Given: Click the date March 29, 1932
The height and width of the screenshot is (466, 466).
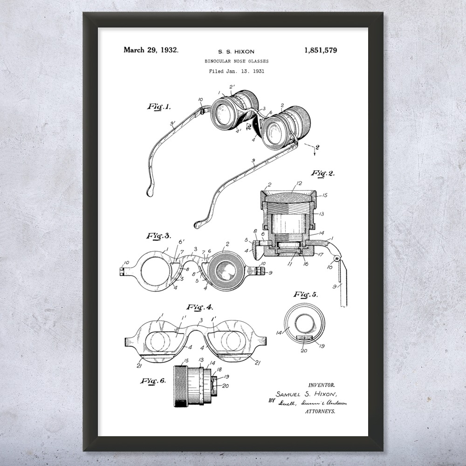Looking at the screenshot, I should [x=151, y=50].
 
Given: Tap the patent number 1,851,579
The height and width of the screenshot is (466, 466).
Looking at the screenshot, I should [x=320, y=50].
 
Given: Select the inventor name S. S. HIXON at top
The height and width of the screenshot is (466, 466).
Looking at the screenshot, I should [x=236, y=52].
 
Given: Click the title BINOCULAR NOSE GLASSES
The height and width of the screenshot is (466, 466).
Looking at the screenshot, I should [x=236, y=61].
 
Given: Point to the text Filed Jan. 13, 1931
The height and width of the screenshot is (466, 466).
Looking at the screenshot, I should [x=236, y=71].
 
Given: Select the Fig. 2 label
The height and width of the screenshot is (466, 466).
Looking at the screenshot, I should [x=323, y=173].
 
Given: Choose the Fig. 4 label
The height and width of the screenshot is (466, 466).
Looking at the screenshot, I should [x=199, y=307].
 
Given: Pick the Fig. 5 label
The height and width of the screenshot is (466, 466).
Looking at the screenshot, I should [x=306, y=294].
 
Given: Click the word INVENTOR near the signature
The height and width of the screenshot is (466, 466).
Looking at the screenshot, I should [x=322, y=385].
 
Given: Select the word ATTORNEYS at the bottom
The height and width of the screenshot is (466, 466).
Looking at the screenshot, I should [x=320, y=412].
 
